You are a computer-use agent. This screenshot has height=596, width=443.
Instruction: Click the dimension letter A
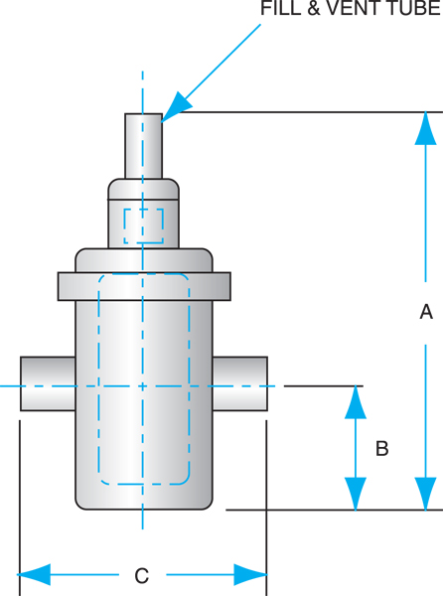click(x=426, y=312)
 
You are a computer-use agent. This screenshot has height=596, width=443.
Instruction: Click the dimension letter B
click(x=381, y=448)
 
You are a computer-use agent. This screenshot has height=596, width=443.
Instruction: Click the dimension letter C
click(x=142, y=575)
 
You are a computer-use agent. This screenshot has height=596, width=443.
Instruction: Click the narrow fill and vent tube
click(x=143, y=145)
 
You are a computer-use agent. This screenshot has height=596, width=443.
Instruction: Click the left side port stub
click(x=48, y=383)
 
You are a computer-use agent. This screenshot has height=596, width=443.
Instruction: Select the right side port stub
click(x=239, y=383)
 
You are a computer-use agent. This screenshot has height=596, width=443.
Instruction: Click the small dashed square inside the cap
click(x=143, y=224)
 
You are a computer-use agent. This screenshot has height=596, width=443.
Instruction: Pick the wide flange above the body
click(x=144, y=285)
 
